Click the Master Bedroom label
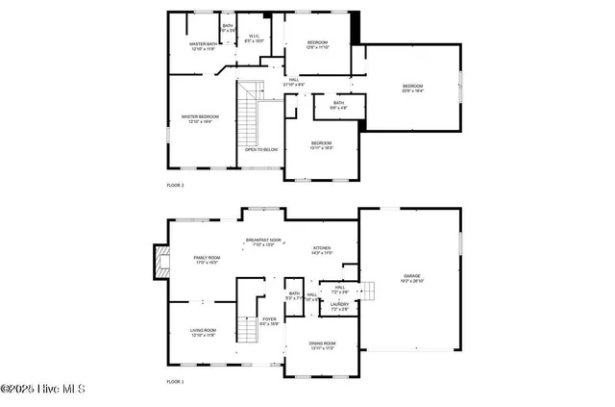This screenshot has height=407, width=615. pos(196,119)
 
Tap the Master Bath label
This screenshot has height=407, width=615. pos(203,45)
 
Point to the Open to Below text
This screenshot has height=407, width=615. pos(260,149)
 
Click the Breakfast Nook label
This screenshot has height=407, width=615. pos(263,242)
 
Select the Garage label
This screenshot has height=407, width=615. pos(412,277)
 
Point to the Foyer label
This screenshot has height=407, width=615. pos(269,321)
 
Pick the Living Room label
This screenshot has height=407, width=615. pos(203,332)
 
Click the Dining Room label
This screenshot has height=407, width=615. pos(322,344)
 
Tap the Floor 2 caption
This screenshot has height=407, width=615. pos(175,184)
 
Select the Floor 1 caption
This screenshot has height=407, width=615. pos(175,382)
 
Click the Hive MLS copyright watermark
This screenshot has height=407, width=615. pos(43,390)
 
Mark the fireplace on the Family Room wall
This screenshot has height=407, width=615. pos(160,263)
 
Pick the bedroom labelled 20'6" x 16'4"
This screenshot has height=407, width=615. pos(412,88)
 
